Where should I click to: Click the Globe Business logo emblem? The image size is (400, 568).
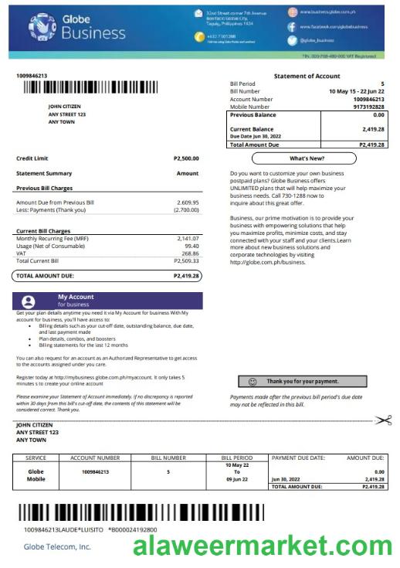[42, 27]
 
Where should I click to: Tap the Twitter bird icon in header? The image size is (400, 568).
[293, 40]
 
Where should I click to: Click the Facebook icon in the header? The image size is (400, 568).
[293, 26]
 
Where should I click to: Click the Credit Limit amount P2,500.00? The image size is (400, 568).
[185, 158]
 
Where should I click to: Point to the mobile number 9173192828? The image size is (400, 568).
[367, 106]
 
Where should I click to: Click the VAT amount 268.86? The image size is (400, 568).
[188, 253]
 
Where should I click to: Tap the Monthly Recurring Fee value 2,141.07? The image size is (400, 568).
[187, 239]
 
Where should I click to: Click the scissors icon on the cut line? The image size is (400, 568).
[383, 420]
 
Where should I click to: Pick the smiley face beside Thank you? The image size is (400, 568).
[253, 381]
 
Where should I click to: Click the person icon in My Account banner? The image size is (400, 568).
[29, 301]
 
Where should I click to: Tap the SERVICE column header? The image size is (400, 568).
[36, 457]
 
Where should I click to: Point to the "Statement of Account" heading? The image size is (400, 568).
[307, 76]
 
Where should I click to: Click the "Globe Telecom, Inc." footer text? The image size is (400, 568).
[57, 546]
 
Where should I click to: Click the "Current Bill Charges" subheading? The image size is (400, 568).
[43, 231]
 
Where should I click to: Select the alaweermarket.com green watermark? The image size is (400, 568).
[263, 547]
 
